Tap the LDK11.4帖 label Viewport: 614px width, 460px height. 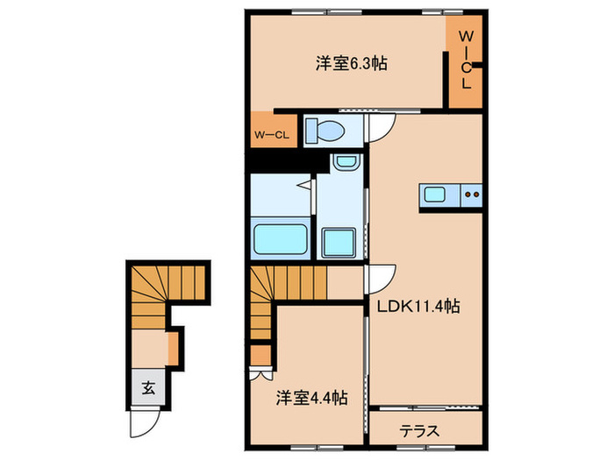419,308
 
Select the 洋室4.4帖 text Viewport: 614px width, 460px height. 311,398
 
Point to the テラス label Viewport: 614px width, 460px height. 419,431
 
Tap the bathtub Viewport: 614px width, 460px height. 280,238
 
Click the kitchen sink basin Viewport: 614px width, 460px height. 436,195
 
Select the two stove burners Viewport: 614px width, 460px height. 472,195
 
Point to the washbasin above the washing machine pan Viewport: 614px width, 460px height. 345,163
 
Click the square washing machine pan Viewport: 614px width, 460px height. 338,240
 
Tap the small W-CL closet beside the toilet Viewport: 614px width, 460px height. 271,134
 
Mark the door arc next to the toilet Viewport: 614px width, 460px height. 382,129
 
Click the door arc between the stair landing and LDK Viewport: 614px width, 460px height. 382,279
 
